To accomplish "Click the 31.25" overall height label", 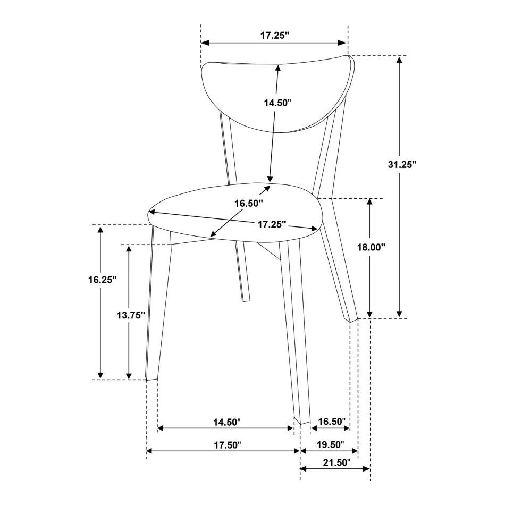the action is point(402,165).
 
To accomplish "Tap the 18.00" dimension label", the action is point(372,247).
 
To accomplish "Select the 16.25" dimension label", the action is point(103,280).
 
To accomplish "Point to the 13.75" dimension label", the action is point(131,315).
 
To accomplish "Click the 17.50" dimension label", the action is point(228,445).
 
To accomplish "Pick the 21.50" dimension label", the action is point(336,463).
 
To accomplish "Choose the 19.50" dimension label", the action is point(331,445).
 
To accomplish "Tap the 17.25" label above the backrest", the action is point(275,35).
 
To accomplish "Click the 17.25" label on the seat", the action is point(272,224).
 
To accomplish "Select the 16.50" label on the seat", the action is point(249,203).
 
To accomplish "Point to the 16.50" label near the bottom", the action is point(332,421).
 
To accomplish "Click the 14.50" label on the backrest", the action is point(277,103).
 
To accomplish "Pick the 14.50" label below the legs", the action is point(227,422).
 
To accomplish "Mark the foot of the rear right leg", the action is point(353,319).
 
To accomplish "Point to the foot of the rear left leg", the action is point(246,300).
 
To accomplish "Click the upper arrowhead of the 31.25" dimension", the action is point(399,60).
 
